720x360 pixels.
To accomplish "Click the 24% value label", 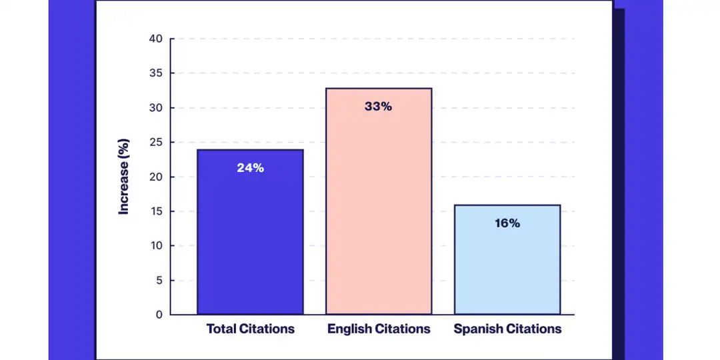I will click(250, 168).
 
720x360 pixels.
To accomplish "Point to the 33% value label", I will click(378, 106).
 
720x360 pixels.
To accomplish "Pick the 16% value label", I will click(507, 223).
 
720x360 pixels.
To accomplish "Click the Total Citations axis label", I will click(250, 329).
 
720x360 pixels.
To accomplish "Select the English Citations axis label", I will click(379, 329).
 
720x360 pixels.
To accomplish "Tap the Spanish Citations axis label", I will click(507, 329).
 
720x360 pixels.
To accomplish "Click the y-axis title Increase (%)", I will click(123, 177).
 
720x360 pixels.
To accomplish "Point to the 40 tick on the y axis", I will click(155, 39).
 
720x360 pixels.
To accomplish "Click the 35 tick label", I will click(155, 73).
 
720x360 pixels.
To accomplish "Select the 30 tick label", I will click(155, 108).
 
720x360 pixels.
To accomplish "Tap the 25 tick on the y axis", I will click(155, 142).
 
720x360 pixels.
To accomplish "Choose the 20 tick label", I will click(155, 177).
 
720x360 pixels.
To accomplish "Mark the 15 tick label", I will click(155, 211).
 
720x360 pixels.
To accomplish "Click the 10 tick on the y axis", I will click(155, 245).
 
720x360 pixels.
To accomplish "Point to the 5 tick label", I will click(159, 280).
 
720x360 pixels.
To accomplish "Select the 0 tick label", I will click(159, 314).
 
